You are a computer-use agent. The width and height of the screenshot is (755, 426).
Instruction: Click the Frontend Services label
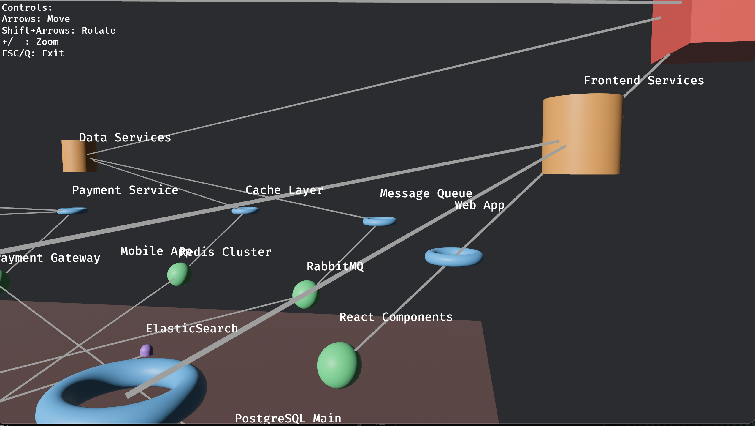click(x=644, y=81)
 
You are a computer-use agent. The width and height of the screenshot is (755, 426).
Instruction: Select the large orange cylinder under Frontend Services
click(x=582, y=134)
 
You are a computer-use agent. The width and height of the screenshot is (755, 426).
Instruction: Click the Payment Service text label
click(x=125, y=190)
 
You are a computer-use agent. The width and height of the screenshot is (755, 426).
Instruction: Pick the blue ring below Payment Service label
click(x=72, y=211)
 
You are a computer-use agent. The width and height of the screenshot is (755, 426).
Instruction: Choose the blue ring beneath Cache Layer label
click(x=245, y=211)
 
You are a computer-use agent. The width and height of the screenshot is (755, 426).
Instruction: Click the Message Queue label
click(x=426, y=193)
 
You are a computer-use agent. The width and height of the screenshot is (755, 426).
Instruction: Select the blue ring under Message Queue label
click(x=379, y=221)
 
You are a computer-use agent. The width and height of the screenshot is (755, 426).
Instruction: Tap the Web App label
click(x=480, y=205)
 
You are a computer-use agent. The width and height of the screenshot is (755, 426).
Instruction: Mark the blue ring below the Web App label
click(x=453, y=257)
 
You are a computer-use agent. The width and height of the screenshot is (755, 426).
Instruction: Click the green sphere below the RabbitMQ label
click(x=306, y=294)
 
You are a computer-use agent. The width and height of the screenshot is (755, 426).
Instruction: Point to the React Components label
click(x=396, y=317)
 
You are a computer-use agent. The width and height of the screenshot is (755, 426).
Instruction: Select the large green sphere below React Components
click(x=339, y=365)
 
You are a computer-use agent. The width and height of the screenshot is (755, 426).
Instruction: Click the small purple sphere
click(x=146, y=351)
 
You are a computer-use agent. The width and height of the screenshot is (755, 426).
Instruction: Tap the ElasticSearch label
click(x=192, y=329)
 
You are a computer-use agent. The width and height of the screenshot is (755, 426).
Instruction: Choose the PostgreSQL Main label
click(x=288, y=418)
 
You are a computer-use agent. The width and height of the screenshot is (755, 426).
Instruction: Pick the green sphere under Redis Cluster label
click(x=179, y=274)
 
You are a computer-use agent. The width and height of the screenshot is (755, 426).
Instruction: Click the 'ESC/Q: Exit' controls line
click(x=33, y=53)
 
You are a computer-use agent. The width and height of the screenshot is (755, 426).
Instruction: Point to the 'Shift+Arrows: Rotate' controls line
click(x=58, y=31)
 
